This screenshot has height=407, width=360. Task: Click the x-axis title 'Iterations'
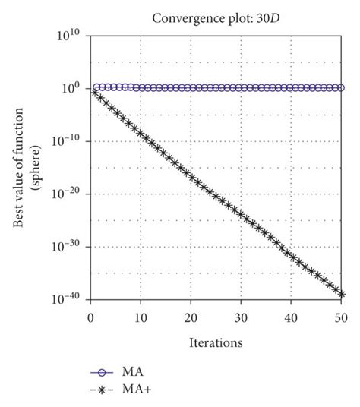(x=216, y=342)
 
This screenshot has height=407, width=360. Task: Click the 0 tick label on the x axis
(x=91, y=315)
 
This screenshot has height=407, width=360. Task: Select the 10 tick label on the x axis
(x=141, y=315)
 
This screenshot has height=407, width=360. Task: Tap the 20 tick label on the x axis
(x=191, y=315)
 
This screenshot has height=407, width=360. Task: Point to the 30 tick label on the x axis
(x=242, y=315)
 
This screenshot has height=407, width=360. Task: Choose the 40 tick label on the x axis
(x=292, y=315)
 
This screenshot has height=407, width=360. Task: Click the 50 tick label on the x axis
(x=342, y=315)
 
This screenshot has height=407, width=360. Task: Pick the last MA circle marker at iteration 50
(x=342, y=88)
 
